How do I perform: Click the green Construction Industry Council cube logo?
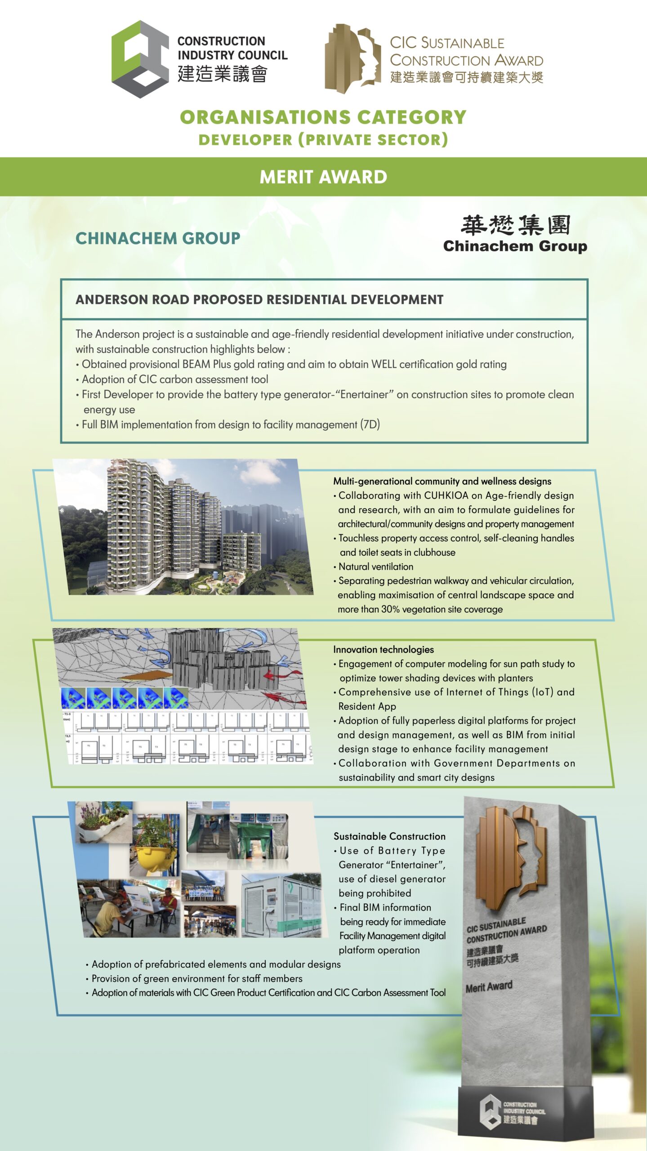[140, 59]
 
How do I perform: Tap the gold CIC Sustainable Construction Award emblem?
[353, 58]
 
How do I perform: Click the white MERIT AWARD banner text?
[323, 177]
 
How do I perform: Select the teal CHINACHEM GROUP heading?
[158, 238]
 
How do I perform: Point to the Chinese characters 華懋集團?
[515, 225]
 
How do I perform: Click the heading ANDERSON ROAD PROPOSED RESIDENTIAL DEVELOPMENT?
[259, 299]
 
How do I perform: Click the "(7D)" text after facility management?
[370, 424]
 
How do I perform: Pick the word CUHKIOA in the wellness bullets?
[451, 495]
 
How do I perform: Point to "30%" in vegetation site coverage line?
[390, 609]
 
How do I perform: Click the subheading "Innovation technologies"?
[384, 649]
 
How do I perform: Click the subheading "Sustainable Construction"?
[389, 836]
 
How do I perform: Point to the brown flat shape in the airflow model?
[147, 676]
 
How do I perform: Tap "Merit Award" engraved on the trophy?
[489, 987]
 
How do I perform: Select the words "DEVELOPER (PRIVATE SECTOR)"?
[323, 140]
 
